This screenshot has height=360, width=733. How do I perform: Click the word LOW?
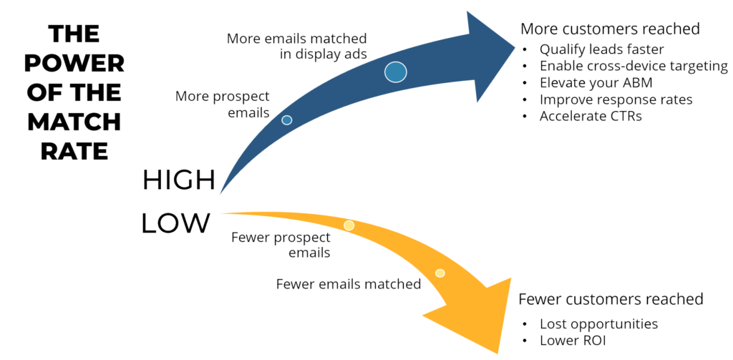[176, 223]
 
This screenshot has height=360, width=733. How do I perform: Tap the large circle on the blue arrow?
[395, 71]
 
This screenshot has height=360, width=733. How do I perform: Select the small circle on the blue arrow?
[287, 120]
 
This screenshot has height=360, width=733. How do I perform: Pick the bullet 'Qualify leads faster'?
[601, 49]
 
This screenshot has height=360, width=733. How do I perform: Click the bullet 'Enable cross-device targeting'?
[634, 67]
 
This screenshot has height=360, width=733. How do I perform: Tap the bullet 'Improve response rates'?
[616, 99]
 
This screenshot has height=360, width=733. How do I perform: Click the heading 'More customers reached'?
[610, 29]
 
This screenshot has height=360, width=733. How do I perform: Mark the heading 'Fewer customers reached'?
[611, 298]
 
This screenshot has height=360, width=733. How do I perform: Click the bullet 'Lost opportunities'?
[598, 323]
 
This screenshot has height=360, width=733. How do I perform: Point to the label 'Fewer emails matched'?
[348, 284]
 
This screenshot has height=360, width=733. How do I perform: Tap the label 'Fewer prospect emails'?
[281, 244]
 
